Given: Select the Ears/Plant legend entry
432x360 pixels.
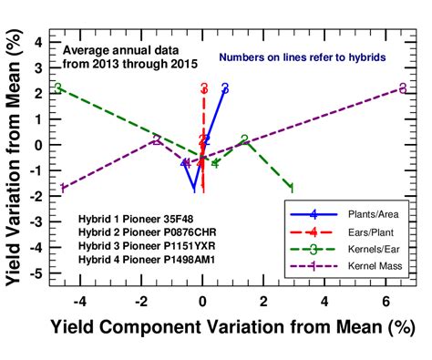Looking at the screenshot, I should pos(365,231).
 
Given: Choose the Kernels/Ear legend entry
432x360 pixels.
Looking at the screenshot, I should pos(365,248).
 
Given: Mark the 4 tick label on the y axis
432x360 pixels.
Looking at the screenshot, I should pos(37,42).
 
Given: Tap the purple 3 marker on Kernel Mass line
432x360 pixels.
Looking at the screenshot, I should pos(403,88).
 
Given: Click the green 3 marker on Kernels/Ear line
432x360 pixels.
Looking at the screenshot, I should pos(58,88).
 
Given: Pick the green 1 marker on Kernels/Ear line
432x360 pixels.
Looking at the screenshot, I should pos(291,188).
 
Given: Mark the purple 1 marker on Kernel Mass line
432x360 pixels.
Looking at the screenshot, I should pos(62,188).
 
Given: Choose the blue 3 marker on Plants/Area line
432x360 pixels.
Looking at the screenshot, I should pos(224,88).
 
